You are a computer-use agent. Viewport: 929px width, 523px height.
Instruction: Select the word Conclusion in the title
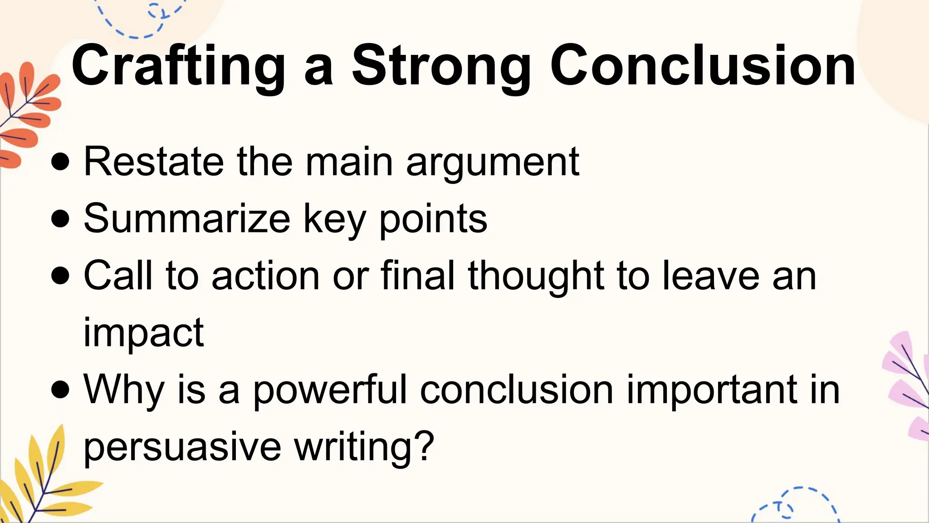coord(703,66)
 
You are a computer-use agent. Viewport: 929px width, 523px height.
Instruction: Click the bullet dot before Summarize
coord(60,219)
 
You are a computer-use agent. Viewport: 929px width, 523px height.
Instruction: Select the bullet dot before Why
coord(60,390)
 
